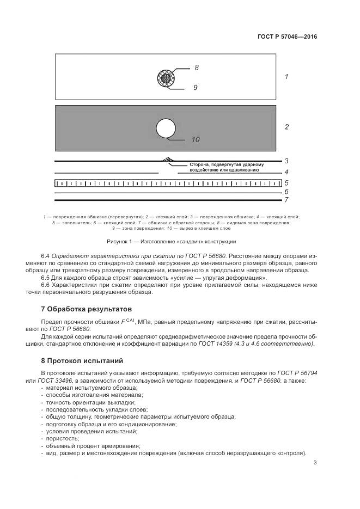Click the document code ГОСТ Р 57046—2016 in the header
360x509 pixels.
click(287, 37)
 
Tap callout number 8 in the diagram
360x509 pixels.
click(197, 68)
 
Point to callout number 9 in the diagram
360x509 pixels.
click(195, 87)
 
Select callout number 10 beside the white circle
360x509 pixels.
click(196, 139)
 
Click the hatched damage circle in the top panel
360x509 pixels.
click(164, 77)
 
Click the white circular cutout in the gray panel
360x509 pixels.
click(166, 128)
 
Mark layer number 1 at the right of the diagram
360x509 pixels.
click(286, 77)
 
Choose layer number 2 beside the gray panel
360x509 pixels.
click(286, 127)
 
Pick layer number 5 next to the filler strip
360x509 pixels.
click(286, 183)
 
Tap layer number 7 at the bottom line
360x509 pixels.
click(286, 200)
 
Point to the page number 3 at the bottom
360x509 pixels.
click(315, 463)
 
